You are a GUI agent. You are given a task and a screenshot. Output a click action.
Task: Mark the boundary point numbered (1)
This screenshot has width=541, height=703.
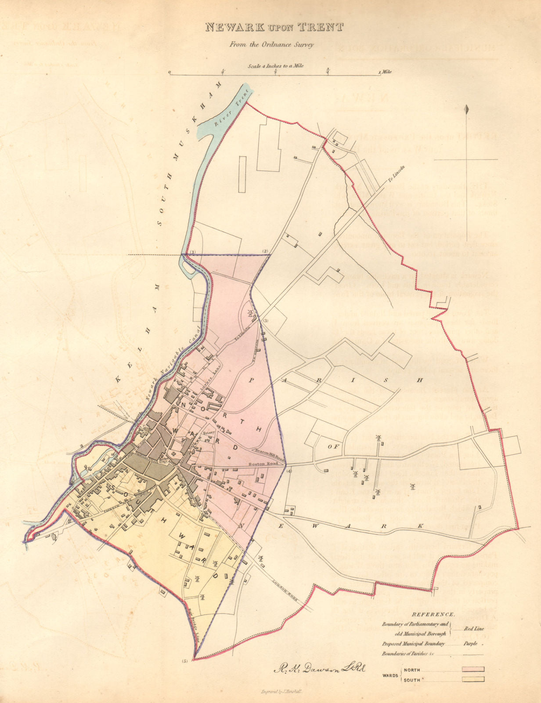click(x=191, y=251)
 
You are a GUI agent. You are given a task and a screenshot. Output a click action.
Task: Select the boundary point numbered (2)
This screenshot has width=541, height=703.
click(x=265, y=251)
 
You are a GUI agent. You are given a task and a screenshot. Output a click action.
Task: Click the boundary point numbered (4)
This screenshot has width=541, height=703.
click(x=289, y=471)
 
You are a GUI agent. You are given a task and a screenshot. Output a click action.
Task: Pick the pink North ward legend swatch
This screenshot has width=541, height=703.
click(x=472, y=669)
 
